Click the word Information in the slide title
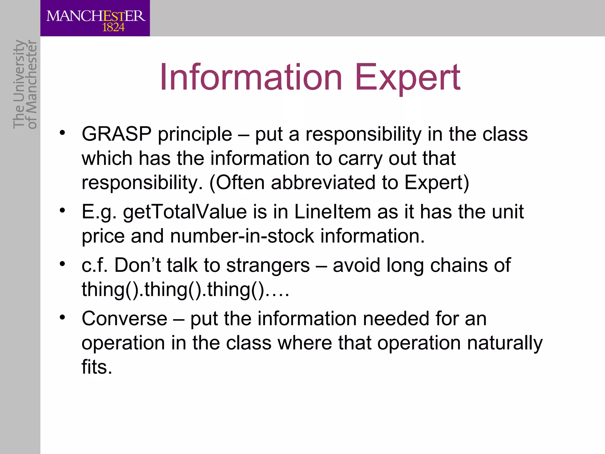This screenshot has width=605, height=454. (x=251, y=77)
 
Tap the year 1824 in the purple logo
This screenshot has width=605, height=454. (x=113, y=28)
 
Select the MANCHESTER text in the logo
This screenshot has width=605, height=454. (x=96, y=16)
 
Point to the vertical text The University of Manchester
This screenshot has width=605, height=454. (x=25, y=84)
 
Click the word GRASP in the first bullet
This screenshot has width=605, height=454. (x=116, y=134)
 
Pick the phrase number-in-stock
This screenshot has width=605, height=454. (x=242, y=236)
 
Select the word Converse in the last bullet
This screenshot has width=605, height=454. (x=124, y=319)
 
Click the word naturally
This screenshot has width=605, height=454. (x=505, y=343)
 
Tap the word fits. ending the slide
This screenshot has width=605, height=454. (x=97, y=367)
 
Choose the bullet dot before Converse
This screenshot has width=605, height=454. (x=62, y=317)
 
